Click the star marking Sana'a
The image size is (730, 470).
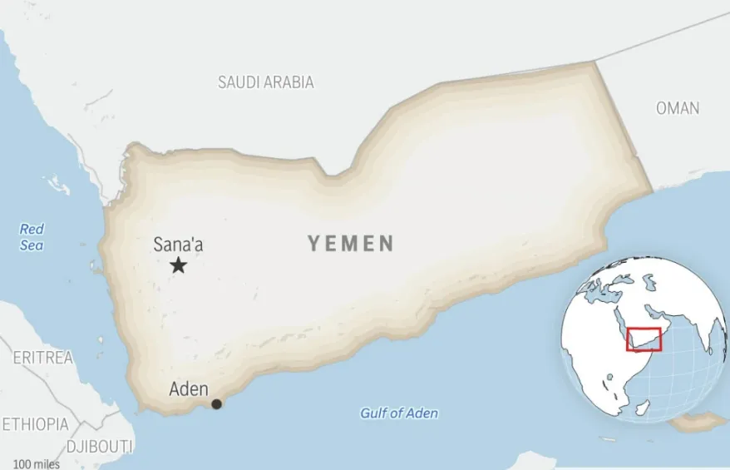178,265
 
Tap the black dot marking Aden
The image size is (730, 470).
217,404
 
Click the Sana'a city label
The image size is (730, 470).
178,245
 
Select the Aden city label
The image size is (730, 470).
189,388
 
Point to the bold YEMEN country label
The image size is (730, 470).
351,243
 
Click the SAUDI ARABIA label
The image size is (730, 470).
266,82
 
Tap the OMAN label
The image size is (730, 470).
678,108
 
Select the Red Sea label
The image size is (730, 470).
32,237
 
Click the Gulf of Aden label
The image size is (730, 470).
399,413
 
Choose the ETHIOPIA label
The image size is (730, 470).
34,424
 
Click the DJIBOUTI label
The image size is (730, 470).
100,446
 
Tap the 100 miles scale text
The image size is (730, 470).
36,463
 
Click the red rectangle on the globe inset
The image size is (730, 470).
644,339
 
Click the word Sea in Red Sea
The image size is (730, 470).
32,245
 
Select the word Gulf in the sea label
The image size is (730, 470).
374,413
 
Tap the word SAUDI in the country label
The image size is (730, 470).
236,82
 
